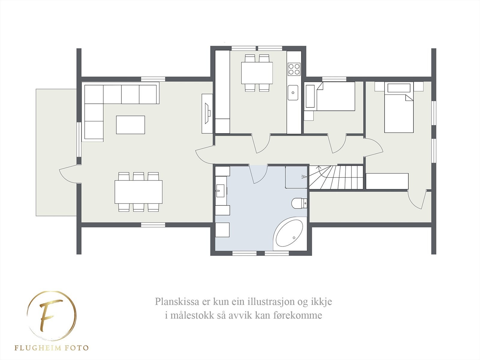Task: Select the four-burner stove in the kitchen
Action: point(294,69)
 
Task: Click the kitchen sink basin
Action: point(293,92)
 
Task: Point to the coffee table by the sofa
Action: point(130,125)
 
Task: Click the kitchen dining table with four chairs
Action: point(257,73)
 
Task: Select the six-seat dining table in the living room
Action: point(138,192)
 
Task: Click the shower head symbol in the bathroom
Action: point(304,177)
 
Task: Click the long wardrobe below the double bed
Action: point(387,181)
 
